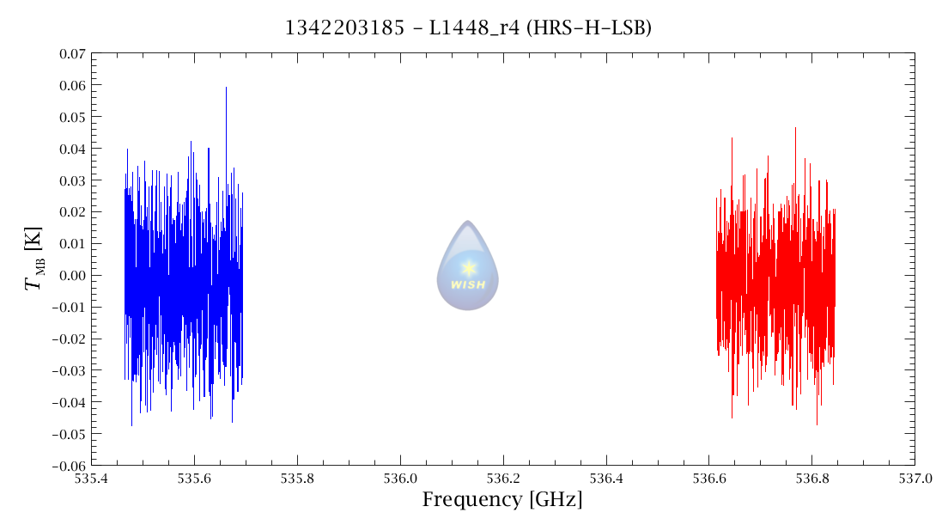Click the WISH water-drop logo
click(x=467, y=265)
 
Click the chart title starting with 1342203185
click(x=468, y=28)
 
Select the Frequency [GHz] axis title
click(x=502, y=499)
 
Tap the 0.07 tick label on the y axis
click(x=72, y=53)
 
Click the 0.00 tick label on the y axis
click(x=72, y=276)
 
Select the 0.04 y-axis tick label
click(x=72, y=149)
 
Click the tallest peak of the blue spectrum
click(x=226, y=88)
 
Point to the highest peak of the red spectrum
click(x=795, y=129)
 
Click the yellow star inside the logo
click(x=468, y=268)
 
